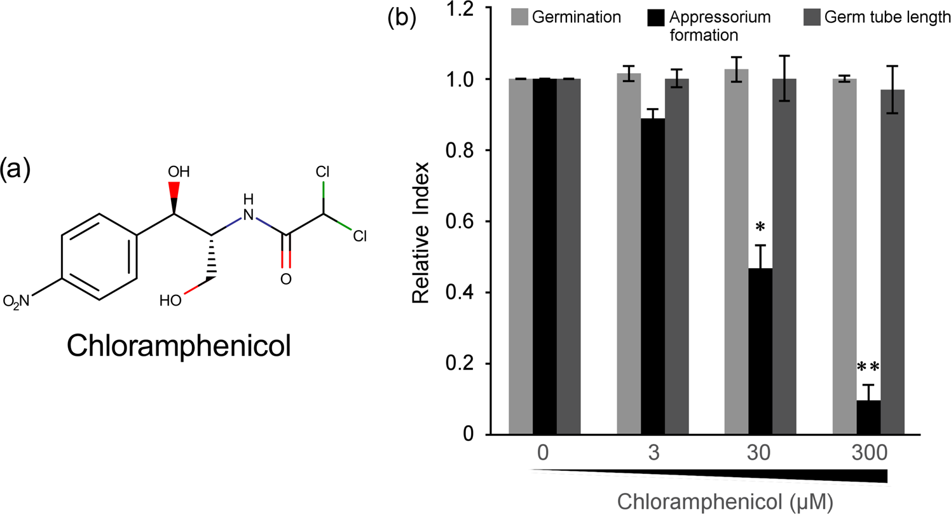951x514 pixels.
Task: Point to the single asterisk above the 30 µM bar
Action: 760,228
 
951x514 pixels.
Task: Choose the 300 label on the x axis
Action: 867,454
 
